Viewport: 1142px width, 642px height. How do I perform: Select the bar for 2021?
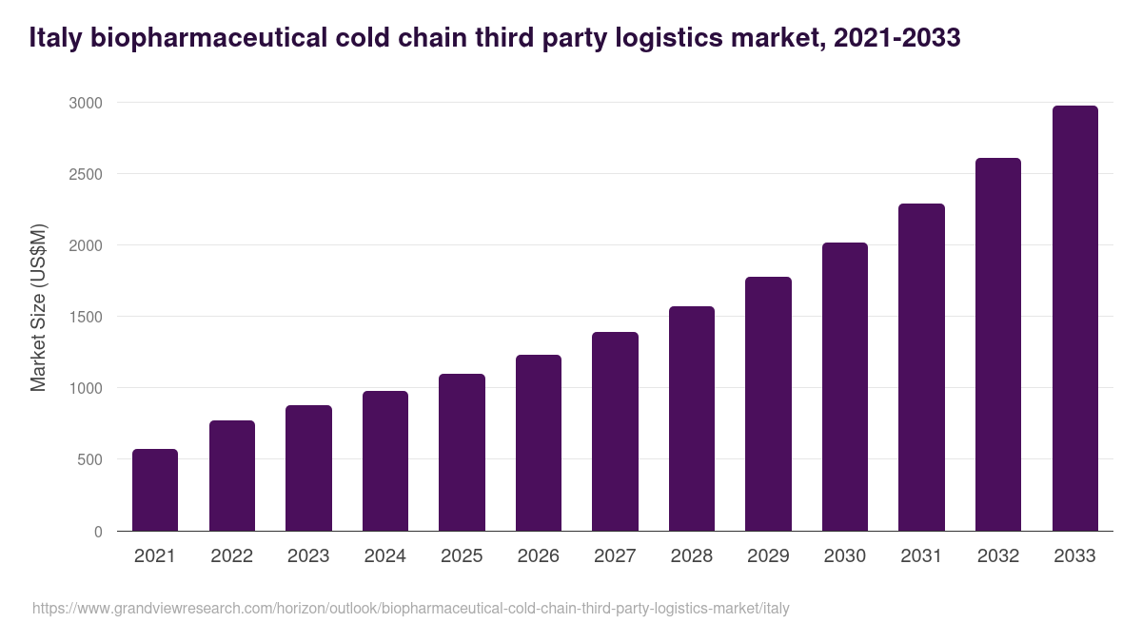point(155,490)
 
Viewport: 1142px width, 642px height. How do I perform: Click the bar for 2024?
point(384,461)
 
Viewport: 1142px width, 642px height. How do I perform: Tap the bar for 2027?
point(615,432)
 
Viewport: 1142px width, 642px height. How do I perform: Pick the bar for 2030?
point(844,387)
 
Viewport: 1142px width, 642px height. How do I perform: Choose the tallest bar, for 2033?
point(1074,319)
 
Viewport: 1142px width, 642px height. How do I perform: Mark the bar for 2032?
point(997,344)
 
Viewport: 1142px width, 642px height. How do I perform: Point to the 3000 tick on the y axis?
point(85,103)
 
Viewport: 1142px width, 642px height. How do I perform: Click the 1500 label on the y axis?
point(85,317)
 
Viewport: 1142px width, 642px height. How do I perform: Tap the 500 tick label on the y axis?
point(89,459)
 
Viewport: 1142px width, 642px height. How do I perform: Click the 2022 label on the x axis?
point(231,556)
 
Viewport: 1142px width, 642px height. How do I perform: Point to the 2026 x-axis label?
point(538,556)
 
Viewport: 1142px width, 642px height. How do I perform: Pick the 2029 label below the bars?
point(768,556)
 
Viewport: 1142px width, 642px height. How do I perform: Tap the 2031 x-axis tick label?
point(921,556)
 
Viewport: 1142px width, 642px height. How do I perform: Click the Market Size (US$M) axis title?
point(38,306)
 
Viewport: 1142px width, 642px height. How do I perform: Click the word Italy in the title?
point(52,37)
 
